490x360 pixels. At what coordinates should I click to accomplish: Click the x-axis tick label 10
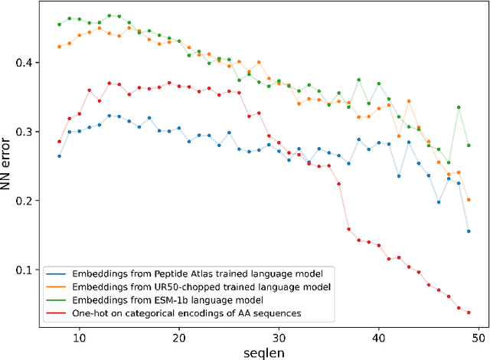(x=79, y=335)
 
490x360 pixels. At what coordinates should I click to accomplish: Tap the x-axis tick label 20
(x=178, y=335)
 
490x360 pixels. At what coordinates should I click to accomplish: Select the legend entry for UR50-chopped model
(x=181, y=286)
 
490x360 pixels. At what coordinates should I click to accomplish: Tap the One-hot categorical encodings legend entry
(x=176, y=313)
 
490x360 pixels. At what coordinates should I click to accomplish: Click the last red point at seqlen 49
(x=469, y=313)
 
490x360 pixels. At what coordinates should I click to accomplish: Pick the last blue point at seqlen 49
(x=469, y=231)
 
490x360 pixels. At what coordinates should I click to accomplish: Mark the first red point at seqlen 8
(x=59, y=142)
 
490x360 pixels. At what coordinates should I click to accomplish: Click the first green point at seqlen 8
(x=59, y=25)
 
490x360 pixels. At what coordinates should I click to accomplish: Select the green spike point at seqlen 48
(x=459, y=107)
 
